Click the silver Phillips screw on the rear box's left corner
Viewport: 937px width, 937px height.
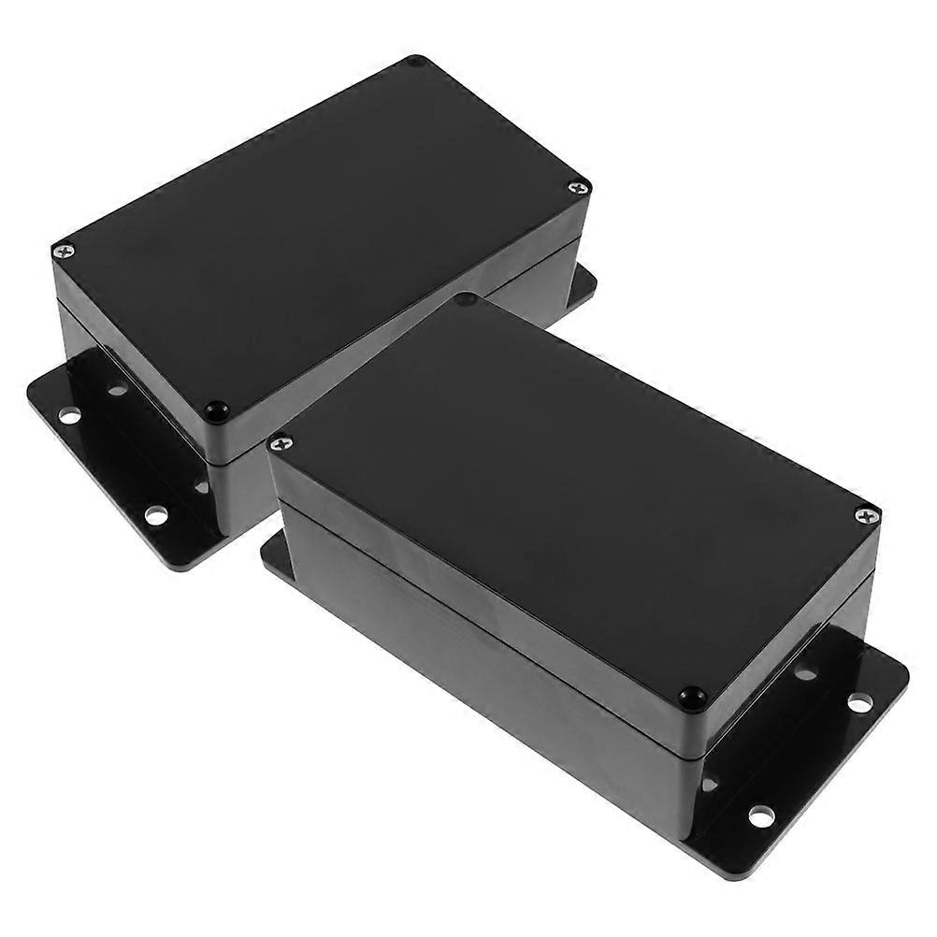pyautogui.click(x=64, y=251)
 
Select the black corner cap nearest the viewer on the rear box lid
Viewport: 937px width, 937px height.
pyautogui.click(x=217, y=411)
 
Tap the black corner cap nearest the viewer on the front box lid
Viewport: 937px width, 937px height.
pyautogui.click(x=692, y=697)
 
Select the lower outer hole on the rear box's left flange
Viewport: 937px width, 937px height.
pyautogui.click(x=155, y=513)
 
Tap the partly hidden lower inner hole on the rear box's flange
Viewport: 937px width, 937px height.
pyautogui.click(x=200, y=486)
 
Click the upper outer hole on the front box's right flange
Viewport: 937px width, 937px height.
pyautogui.click(x=859, y=701)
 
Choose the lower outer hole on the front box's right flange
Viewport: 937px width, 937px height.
pyautogui.click(x=760, y=815)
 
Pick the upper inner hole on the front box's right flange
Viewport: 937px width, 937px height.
pyautogui.click(x=805, y=671)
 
